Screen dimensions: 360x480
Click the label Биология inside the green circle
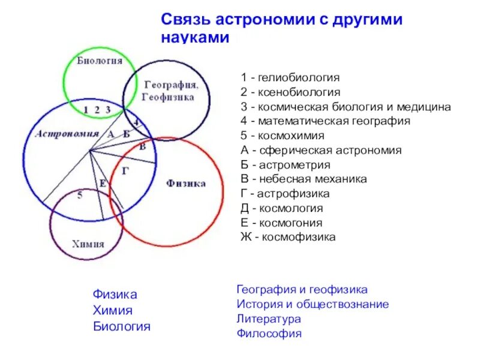coord(100,61)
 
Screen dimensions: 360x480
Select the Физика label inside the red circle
coord(185,183)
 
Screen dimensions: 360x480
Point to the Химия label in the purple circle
coord(88,244)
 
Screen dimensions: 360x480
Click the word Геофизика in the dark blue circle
coord(168,97)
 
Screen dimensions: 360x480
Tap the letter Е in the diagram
coord(102,182)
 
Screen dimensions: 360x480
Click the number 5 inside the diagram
coord(80,195)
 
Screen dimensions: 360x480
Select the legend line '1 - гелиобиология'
coord(290,77)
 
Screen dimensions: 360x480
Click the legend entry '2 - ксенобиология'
coord(290,92)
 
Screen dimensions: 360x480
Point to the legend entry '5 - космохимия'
coord(283,136)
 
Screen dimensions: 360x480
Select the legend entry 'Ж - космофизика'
coord(288,237)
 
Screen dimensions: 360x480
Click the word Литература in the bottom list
coord(268,319)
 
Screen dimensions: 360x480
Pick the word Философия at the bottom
coord(269,334)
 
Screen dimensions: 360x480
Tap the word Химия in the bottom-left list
coord(113,311)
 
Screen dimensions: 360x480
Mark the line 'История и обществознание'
coord(313,304)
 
